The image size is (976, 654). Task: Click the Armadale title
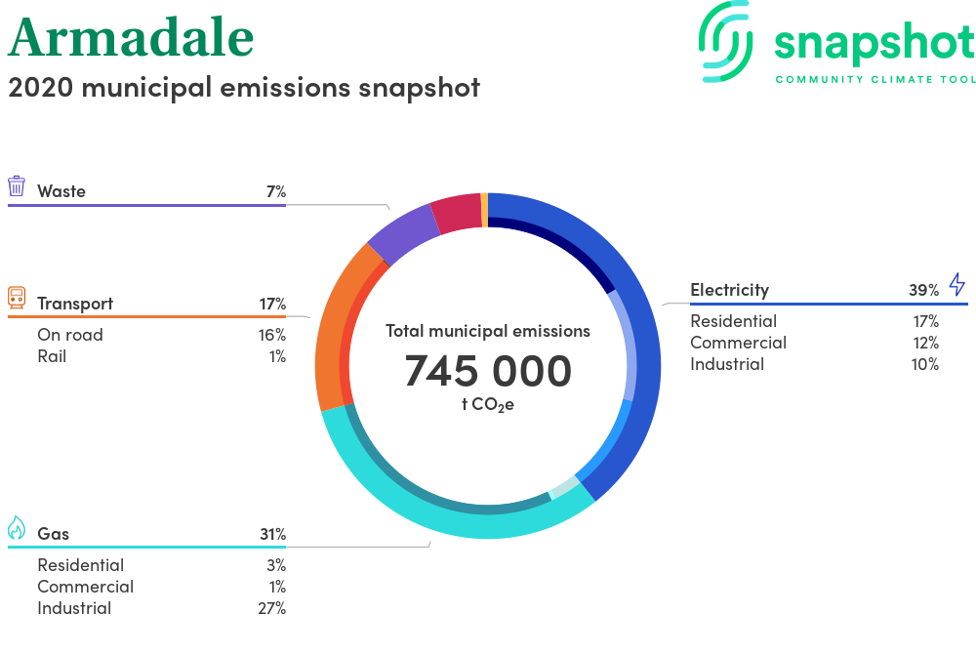coord(131,37)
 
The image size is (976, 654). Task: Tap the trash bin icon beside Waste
coord(17,186)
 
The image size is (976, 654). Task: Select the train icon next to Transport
coord(17,298)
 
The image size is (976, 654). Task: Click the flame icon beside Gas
coord(17,528)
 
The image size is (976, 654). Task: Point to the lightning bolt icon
coord(957,284)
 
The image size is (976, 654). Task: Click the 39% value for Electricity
coord(923,290)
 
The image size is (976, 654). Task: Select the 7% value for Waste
coord(276,191)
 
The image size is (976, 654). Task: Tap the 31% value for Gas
coord(272,534)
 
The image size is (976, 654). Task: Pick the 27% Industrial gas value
coord(272,608)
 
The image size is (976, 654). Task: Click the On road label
coord(69,335)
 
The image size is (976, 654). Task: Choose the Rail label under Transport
coord(52,356)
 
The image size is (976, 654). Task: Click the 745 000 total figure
coord(488,371)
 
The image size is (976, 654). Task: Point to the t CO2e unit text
coord(488,404)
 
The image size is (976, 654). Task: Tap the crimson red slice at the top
coord(457,213)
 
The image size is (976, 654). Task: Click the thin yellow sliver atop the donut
coord(484,210)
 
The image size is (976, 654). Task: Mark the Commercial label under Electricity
coord(738,343)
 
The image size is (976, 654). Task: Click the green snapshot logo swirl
coord(726,41)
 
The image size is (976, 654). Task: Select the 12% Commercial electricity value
coord(925,343)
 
